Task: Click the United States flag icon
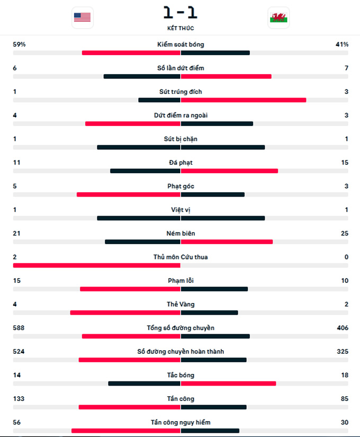coord(82,17)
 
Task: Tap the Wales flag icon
coord(278,17)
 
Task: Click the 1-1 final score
coord(180,12)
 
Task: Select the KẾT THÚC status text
coord(180,28)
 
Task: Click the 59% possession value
coord(19,44)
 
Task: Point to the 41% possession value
coord(341,44)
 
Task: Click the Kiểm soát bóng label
coord(181,44)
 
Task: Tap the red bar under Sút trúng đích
coord(244,100)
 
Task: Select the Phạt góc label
coord(181,186)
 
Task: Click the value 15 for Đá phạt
coord(345,163)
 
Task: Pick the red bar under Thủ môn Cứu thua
coord(97,265)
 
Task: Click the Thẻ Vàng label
coord(181,304)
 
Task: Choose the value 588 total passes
coord(19,328)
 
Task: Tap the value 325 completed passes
coord(343,351)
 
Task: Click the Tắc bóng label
coord(181,375)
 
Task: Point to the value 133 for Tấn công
coord(19,399)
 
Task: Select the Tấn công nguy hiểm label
coord(181,422)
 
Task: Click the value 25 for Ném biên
coord(345,234)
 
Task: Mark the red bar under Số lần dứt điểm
coord(226,76)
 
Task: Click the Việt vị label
coord(181,210)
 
